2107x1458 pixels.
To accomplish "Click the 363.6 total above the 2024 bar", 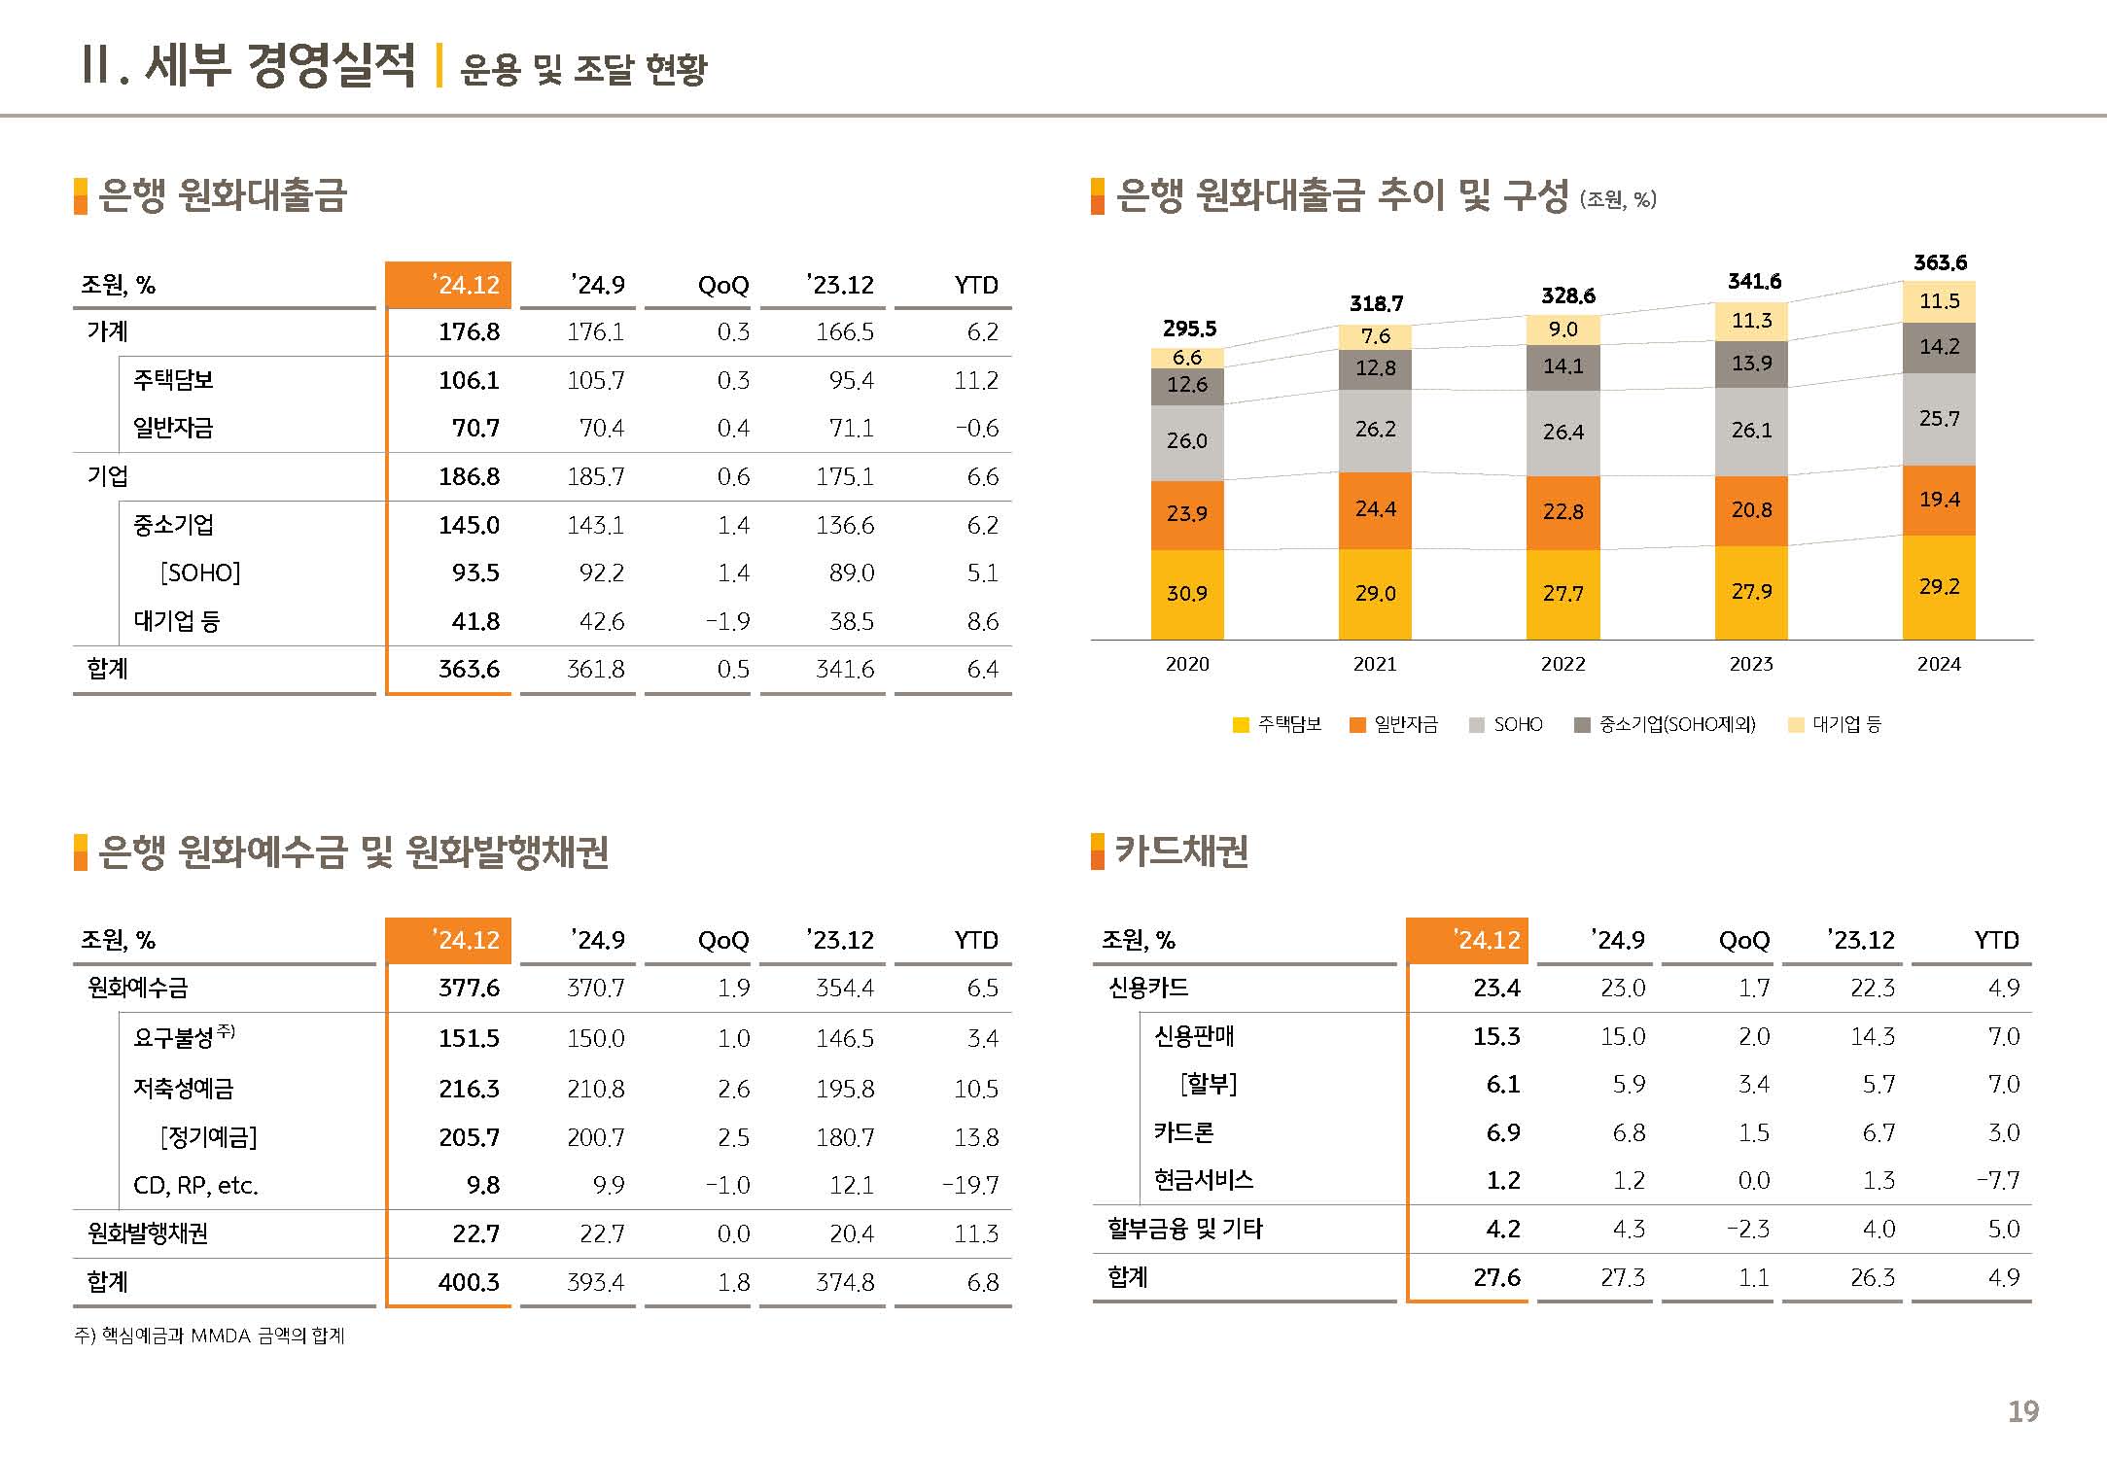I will (x=1939, y=262).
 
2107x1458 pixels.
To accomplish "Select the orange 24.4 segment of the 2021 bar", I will (x=1375, y=509).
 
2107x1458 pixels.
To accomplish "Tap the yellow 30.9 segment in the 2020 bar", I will (x=1186, y=593).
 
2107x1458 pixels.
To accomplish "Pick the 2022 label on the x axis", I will (x=1563, y=665).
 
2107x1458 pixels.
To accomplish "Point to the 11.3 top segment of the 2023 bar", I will (x=1751, y=321).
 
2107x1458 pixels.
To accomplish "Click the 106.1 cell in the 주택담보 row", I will (x=469, y=380).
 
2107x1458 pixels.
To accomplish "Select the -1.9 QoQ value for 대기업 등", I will (x=728, y=621).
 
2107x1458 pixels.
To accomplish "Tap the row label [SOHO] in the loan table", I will (x=200, y=573).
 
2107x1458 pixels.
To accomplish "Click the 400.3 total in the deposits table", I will (x=469, y=1282).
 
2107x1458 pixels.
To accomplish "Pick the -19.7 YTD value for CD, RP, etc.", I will (x=970, y=1186).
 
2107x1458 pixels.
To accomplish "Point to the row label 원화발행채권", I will (x=148, y=1233).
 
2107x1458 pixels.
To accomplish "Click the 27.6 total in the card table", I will (x=1496, y=1277).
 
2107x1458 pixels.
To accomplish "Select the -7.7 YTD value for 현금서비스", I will (x=1998, y=1181).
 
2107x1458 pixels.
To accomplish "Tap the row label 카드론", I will (x=1183, y=1132).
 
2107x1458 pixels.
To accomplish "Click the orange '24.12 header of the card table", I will (x=1467, y=940).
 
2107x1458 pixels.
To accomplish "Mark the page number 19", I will (x=2022, y=1411).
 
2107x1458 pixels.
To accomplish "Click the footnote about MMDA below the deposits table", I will (x=210, y=1336).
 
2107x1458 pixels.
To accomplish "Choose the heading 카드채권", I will (x=1181, y=851).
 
